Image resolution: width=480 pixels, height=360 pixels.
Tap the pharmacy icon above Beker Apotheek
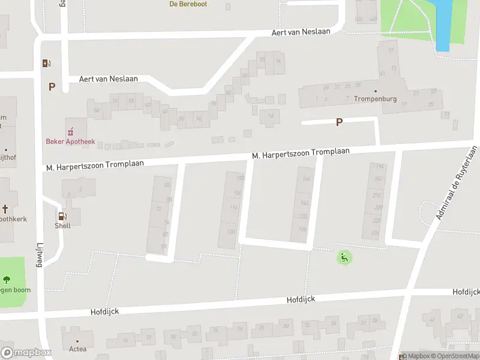click(70, 131)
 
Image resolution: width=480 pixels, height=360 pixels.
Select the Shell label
click(62, 226)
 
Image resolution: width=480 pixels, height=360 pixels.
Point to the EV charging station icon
click(46, 63)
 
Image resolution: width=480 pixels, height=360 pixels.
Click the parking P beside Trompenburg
click(339, 122)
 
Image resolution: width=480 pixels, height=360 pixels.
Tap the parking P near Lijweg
click(52, 86)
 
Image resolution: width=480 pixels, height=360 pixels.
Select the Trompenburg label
click(375, 99)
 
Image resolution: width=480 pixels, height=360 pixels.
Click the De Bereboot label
click(188, 4)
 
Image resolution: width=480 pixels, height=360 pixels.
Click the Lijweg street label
click(40, 259)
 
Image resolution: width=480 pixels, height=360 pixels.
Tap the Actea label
click(77, 349)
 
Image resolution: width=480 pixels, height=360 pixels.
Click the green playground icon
click(344, 258)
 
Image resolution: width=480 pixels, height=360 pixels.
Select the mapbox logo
click(26, 353)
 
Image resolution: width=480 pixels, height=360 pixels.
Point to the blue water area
click(443, 24)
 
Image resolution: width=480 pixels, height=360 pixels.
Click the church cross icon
click(5, 209)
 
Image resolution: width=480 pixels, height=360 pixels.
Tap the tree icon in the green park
click(7, 280)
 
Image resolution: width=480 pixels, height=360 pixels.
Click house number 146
click(307, 179)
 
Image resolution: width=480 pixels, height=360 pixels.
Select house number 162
click(304, 203)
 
